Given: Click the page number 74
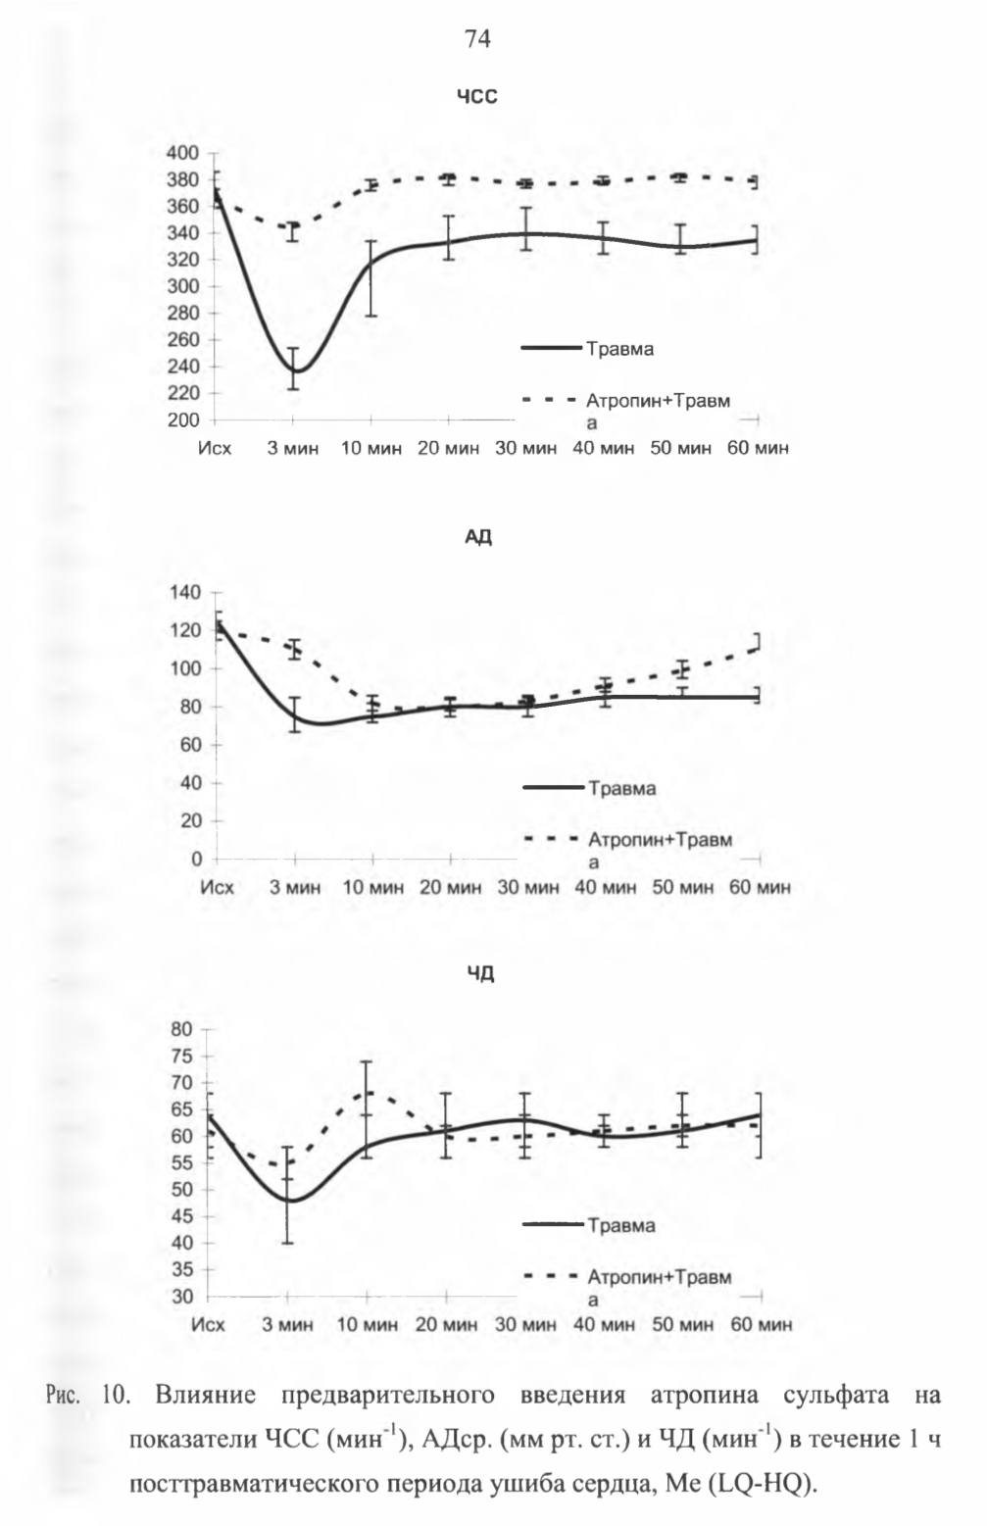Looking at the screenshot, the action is tap(477, 39).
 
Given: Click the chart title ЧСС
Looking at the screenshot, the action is tap(476, 97).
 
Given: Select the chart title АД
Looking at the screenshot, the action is tap(478, 537).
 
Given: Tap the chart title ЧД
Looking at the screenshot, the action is tap(480, 974).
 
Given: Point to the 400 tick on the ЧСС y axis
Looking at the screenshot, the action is tap(182, 153).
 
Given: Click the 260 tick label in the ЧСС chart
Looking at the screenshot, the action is tap(182, 339).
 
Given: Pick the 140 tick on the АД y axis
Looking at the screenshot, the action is tap(185, 592).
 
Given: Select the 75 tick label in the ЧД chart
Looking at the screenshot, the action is tap(182, 1056).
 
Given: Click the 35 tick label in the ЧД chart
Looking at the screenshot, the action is tap(182, 1269).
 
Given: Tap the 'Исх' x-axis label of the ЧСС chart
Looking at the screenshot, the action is tap(215, 448).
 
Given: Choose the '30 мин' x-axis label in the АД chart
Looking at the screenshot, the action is tap(528, 887).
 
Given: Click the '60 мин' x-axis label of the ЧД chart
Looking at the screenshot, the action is tap(762, 1324).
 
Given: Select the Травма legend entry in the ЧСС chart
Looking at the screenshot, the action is tap(587, 349).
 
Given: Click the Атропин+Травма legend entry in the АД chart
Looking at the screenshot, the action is tap(627, 849).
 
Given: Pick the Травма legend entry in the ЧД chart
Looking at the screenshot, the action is tap(589, 1225).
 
